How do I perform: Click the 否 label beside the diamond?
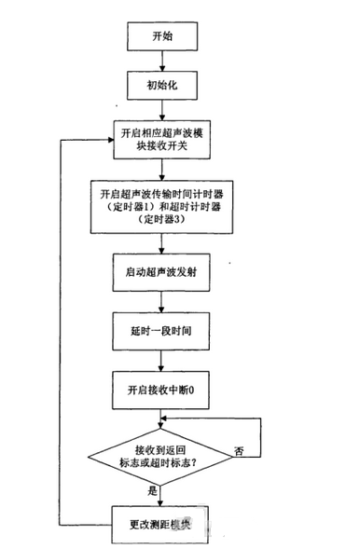tap(240, 451)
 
